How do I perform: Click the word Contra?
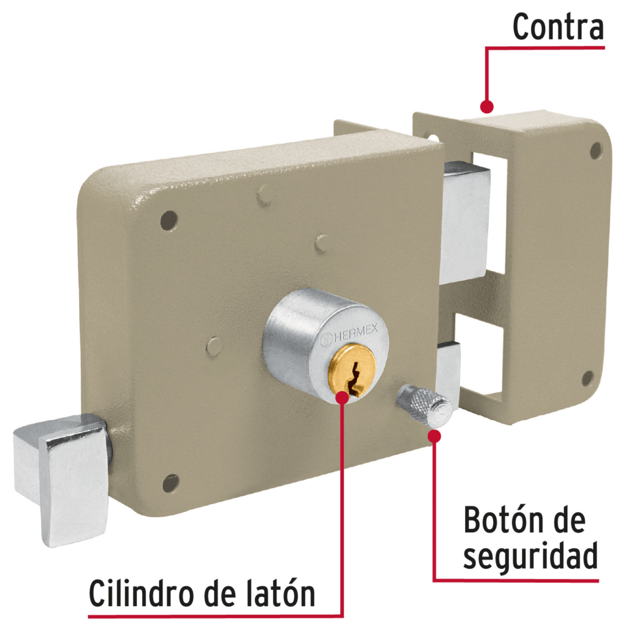(x=558, y=27)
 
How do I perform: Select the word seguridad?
(x=530, y=556)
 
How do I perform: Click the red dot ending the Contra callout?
(x=487, y=106)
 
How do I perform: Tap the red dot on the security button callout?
(x=434, y=437)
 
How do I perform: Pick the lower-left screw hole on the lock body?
(x=170, y=482)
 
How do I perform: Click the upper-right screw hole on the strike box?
(x=596, y=151)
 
